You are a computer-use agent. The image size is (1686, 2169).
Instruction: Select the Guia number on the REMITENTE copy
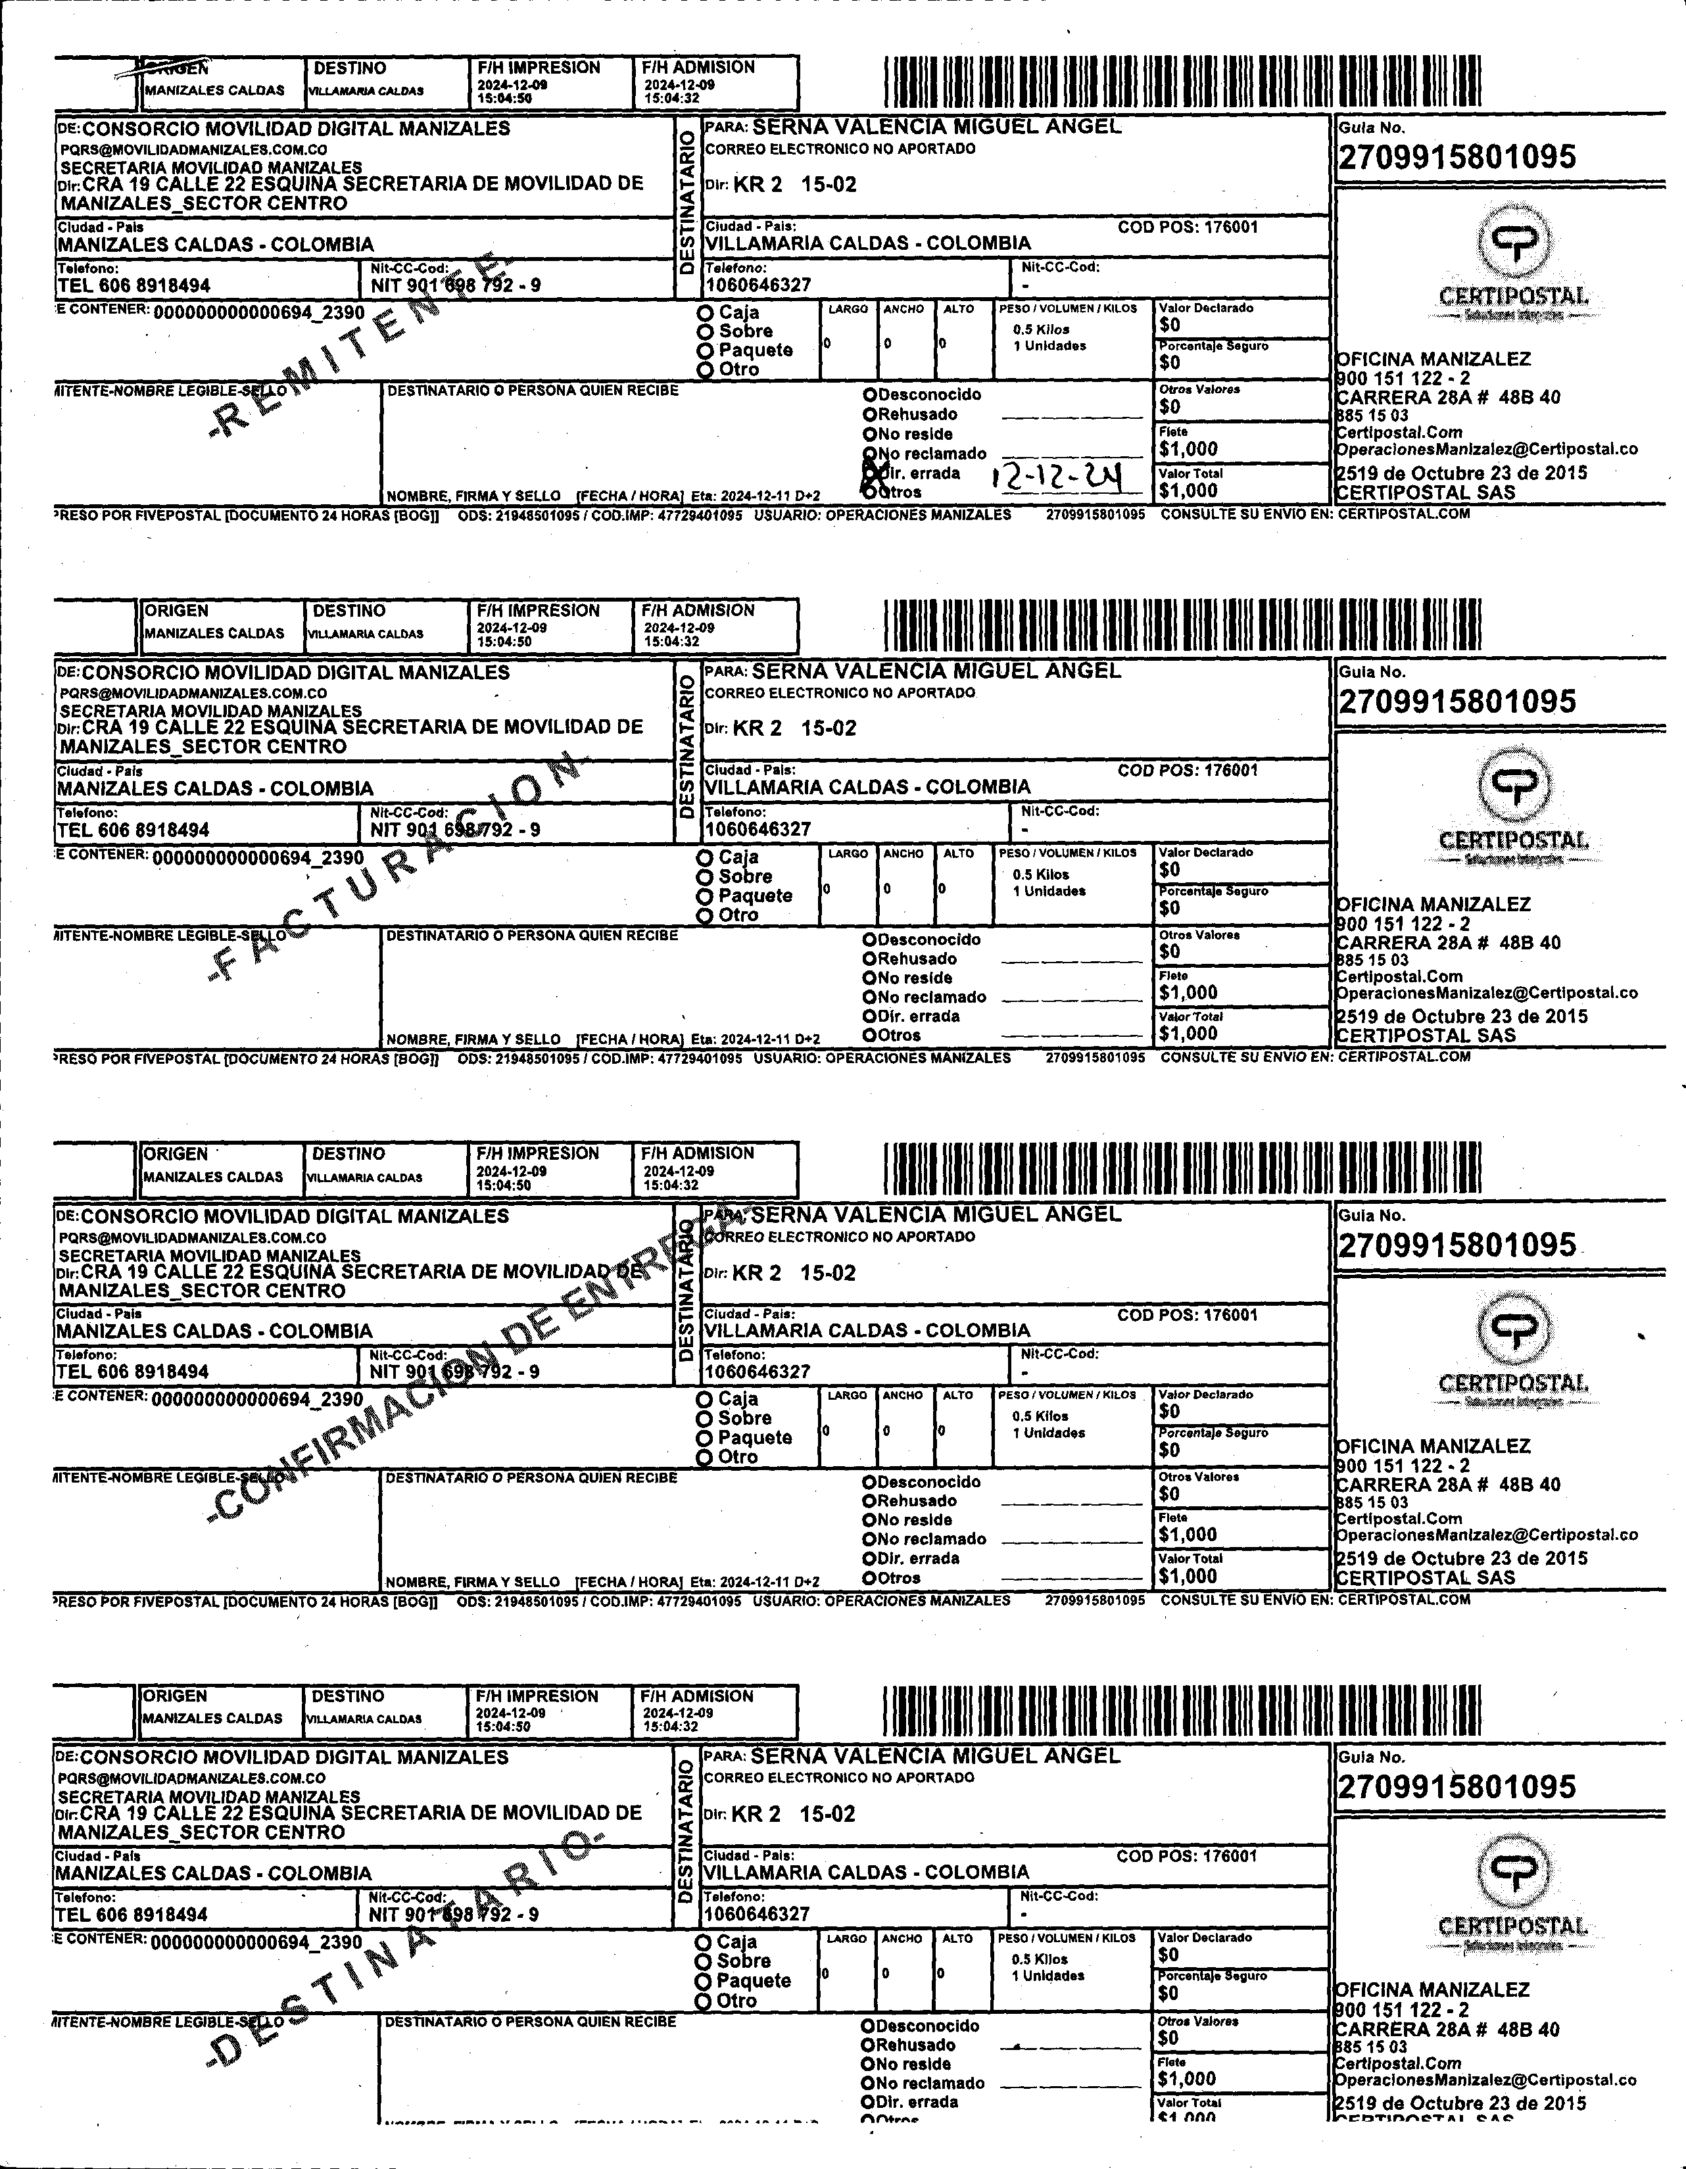(x=1457, y=158)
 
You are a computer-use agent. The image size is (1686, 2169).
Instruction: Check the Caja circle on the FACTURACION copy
(x=704, y=858)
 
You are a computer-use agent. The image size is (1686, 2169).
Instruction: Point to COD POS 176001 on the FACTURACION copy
(x=1188, y=771)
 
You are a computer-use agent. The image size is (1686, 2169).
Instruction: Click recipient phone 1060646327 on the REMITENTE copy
(x=758, y=285)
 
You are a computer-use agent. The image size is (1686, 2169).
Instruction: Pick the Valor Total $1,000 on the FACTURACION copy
(x=1188, y=1033)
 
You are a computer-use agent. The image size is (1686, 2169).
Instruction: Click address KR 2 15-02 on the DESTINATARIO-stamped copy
(x=793, y=1815)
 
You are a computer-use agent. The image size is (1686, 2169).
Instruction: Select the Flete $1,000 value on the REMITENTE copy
(x=1188, y=449)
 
